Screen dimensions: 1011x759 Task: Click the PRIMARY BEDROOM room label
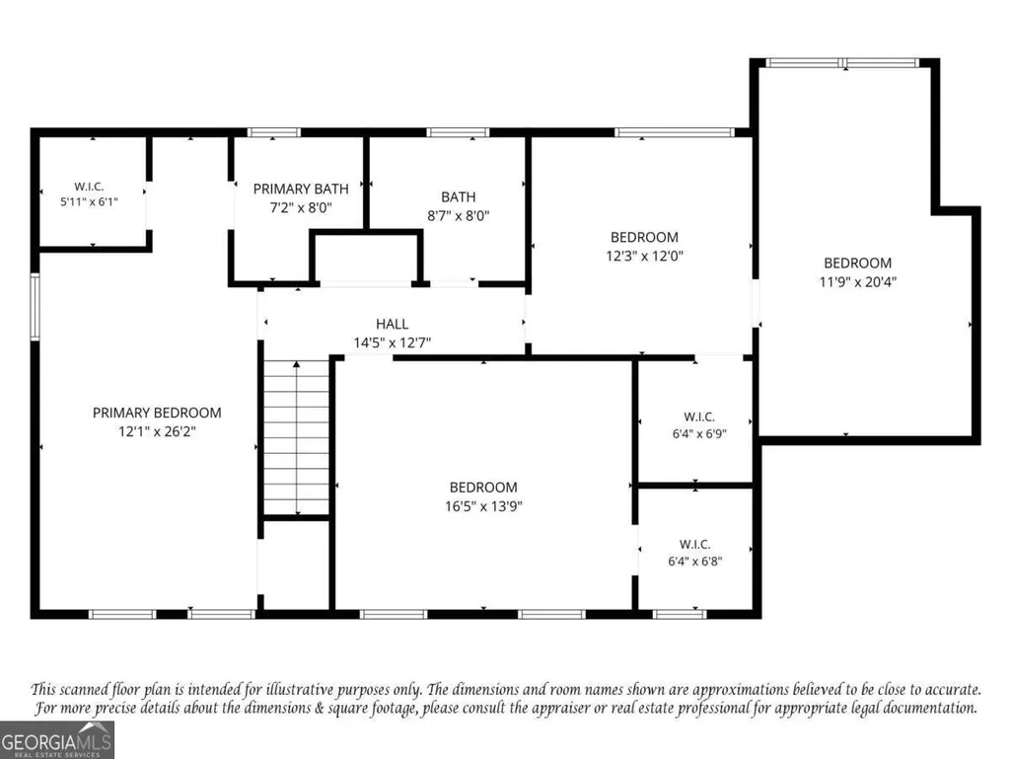coord(157,413)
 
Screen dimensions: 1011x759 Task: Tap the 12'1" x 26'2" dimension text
coord(157,431)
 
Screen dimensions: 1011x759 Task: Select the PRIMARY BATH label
coord(301,189)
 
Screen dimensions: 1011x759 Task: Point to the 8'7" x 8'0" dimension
coord(459,215)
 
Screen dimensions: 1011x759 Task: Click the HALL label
coord(392,324)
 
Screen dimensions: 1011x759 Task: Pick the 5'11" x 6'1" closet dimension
coord(89,201)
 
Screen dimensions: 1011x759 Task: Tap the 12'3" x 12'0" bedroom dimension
coord(644,256)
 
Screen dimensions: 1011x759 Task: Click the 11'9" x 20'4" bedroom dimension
coord(857,281)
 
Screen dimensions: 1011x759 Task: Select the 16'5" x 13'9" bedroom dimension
coord(483,506)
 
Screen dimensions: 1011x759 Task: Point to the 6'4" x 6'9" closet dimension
coord(699,433)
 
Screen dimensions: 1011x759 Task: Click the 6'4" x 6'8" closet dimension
coord(694,561)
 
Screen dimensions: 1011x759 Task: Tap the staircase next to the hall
coord(297,437)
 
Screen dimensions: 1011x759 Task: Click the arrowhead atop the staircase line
coord(297,364)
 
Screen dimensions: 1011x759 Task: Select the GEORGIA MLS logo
coord(57,739)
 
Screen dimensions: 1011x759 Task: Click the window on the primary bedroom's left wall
coord(35,307)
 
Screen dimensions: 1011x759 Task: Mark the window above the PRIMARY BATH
coord(274,132)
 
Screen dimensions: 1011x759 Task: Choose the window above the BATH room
coord(458,132)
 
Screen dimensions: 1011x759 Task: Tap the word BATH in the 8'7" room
coord(459,196)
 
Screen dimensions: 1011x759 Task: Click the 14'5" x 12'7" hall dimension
coord(392,342)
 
